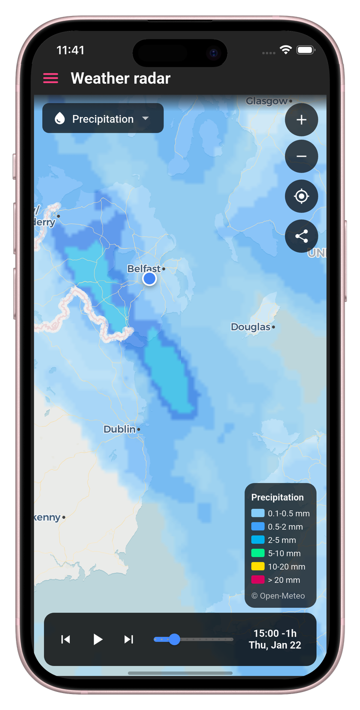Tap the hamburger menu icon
point(50,78)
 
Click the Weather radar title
point(120,78)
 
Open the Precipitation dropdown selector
point(103,119)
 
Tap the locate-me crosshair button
point(301,196)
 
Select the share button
point(301,236)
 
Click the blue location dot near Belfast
point(149,279)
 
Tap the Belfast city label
point(144,269)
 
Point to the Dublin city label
point(119,429)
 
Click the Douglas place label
point(250,327)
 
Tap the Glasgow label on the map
point(266,101)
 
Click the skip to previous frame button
point(65,639)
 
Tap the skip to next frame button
point(128,639)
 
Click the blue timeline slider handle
point(174,639)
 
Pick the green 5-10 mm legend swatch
point(257,553)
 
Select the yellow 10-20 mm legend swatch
point(257,566)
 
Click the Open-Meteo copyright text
point(277,595)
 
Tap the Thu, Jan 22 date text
point(275,645)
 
